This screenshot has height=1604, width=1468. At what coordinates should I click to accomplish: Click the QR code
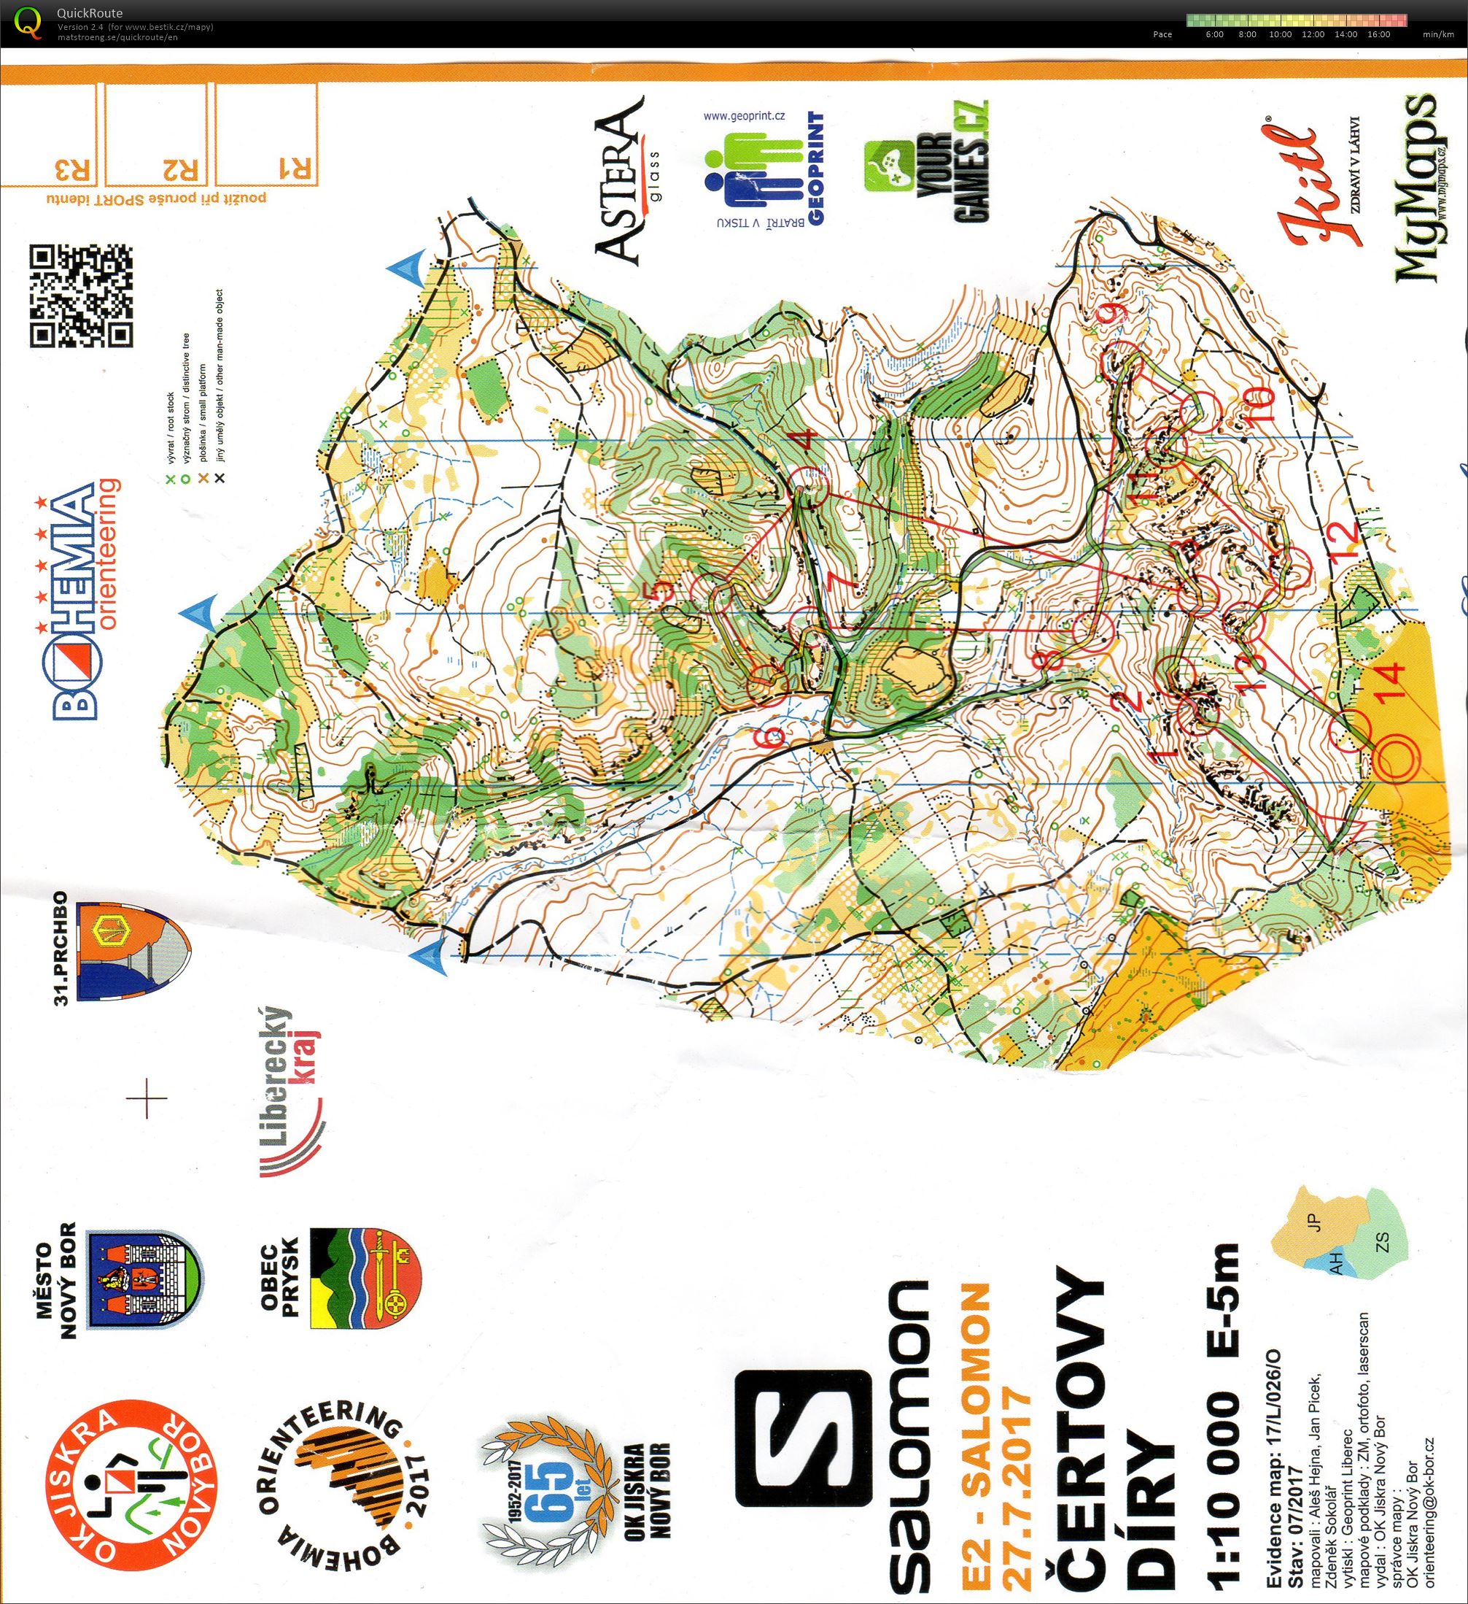pyautogui.click(x=81, y=296)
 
